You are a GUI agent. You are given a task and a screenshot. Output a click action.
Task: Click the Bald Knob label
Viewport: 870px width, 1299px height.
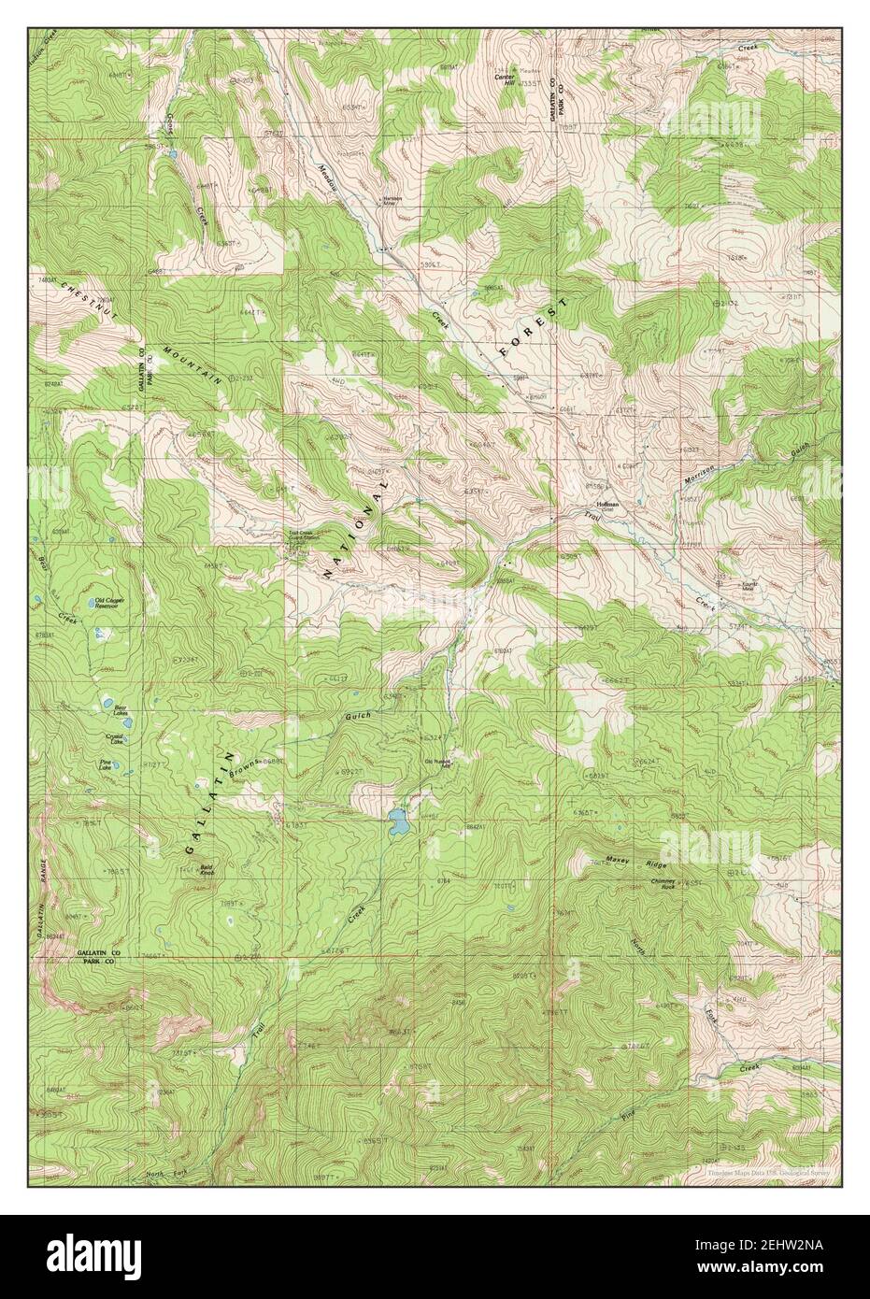coord(208,870)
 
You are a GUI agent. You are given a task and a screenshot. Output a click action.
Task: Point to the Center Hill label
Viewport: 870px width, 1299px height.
coord(504,79)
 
